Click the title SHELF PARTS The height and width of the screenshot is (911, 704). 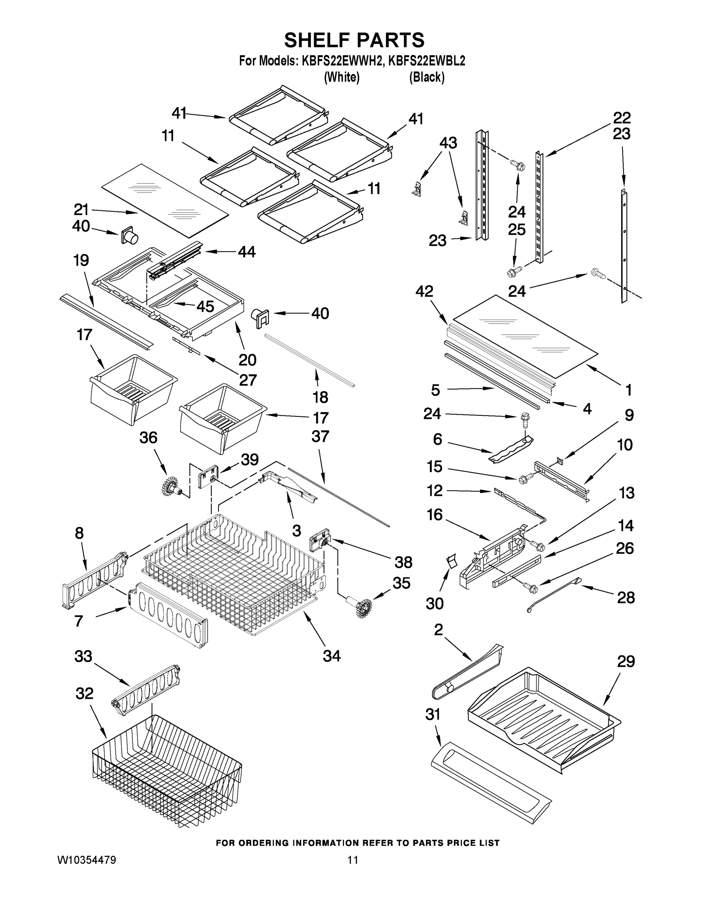coord(354,41)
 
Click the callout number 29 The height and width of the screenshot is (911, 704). coord(625,662)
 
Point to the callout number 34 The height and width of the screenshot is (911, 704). coord(332,656)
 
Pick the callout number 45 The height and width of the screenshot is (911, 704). coord(205,307)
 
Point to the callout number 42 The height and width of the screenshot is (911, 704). coord(424,291)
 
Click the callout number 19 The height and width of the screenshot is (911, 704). coord(81,260)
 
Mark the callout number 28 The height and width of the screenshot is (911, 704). coord(625,598)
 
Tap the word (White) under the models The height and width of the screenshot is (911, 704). coord(342,77)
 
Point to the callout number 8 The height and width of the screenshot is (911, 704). coord(79,533)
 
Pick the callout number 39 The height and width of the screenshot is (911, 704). coord(249,459)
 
